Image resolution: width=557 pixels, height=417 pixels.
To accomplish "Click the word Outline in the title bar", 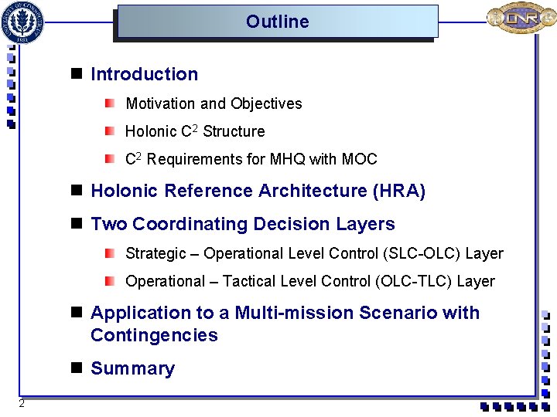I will point(277,22).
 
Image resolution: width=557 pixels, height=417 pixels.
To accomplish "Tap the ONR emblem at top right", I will point(520,19).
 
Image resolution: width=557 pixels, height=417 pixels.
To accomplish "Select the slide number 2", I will point(22,404).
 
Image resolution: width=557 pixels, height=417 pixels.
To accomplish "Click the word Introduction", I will point(144,74).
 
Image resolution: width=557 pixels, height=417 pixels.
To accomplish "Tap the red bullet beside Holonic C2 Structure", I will point(111,131).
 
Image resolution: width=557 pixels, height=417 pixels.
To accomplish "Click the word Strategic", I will point(155,253).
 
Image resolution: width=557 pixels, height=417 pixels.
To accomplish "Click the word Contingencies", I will point(154,335).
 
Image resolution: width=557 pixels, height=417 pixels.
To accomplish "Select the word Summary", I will point(132,368).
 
